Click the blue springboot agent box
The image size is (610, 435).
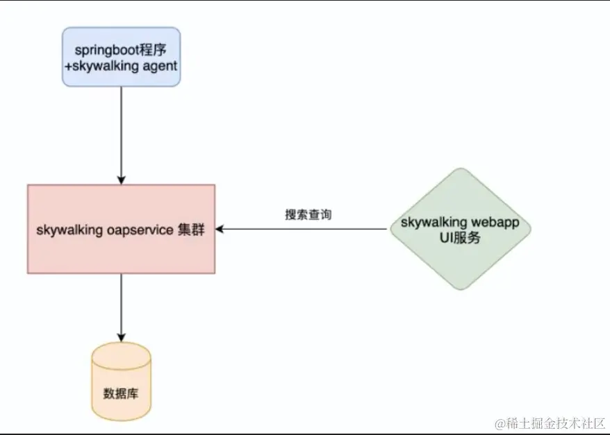(x=121, y=57)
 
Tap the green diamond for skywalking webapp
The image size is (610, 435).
(x=460, y=229)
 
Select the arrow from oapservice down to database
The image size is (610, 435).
(x=121, y=305)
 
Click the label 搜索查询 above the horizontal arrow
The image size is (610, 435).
(x=308, y=214)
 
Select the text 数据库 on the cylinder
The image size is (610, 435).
(x=121, y=393)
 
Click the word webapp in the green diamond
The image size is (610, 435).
(x=494, y=223)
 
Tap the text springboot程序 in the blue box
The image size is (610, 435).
(x=121, y=50)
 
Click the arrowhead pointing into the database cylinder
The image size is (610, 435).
(x=121, y=336)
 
